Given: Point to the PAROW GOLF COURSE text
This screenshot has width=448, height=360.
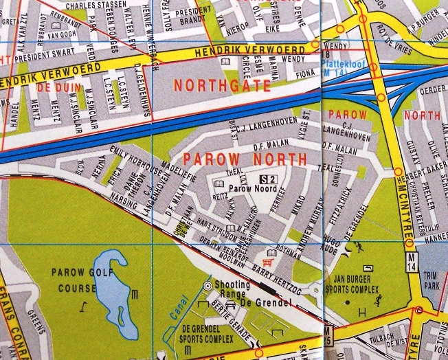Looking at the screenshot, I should [x=76, y=278].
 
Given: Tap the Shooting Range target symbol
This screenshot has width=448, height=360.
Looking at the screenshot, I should [x=208, y=284].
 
